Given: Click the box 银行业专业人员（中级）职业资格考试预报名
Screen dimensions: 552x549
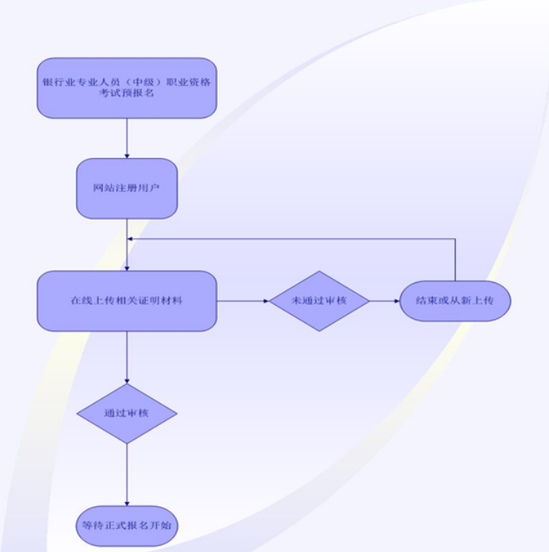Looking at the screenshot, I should coord(127,88).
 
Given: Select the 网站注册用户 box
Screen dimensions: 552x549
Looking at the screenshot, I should coord(127,188).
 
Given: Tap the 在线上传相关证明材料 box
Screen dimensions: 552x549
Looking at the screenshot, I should coord(127,301).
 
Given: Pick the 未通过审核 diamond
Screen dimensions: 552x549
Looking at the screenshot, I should coord(319,301).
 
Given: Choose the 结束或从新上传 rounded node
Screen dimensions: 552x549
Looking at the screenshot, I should coord(455,301).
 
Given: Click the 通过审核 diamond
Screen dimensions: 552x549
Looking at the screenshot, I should coord(127,413).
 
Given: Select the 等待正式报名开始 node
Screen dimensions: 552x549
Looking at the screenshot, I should coord(127,526).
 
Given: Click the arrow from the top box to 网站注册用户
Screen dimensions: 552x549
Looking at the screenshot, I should coord(127,137).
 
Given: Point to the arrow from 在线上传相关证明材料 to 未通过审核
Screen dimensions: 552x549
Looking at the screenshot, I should coord(242,301).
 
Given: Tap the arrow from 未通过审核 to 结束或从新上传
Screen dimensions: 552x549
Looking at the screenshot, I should coord(385,301).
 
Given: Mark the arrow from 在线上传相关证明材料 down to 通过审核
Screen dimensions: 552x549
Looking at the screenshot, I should coord(127,357).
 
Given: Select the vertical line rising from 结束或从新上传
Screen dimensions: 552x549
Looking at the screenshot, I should coord(455,259).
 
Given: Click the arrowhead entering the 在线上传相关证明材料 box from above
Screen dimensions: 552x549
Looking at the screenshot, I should coord(127,266).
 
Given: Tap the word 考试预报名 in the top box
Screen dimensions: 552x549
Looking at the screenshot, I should coord(127,94).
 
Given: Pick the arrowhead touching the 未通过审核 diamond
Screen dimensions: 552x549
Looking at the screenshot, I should coord(264,301).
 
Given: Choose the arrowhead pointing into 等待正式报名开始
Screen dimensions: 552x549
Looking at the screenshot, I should coord(127,503).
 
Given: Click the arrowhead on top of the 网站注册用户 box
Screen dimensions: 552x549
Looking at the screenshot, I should coord(127,154).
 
